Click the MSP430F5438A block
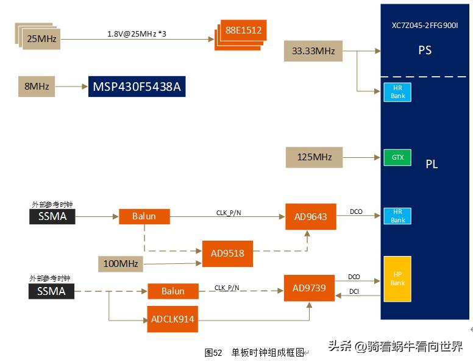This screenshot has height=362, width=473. pyautogui.click(x=137, y=87)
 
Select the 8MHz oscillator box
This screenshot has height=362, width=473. pyautogui.click(x=37, y=87)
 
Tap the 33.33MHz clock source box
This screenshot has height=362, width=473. pyautogui.click(x=313, y=51)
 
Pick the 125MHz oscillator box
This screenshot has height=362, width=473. pyautogui.click(x=314, y=157)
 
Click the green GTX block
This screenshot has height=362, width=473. pyautogui.click(x=397, y=157)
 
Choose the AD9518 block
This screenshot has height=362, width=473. pyautogui.click(x=227, y=253)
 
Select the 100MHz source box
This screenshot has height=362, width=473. pyautogui.click(x=120, y=264)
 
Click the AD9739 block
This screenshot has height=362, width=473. pyautogui.click(x=310, y=288)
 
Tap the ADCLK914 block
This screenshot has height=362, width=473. pyautogui.click(x=172, y=319)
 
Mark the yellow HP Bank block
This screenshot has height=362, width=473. pyautogui.click(x=397, y=279)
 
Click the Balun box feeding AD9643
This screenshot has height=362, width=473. pyautogui.click(x=144, y=216)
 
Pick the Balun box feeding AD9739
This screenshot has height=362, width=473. pyautogui.click(x=172, y=291)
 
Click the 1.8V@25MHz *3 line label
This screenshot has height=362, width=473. pyautogui.click(x=137, y=34)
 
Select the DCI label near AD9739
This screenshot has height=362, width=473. pyautogui.click(x=354, y=292)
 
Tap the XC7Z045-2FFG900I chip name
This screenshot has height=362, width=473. pyautogui.click(x=425, y=26)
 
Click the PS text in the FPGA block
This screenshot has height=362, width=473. pyautogui.click(x=425, y=50)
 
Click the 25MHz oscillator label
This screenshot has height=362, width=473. pyautogui.click(x=41, y=39)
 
